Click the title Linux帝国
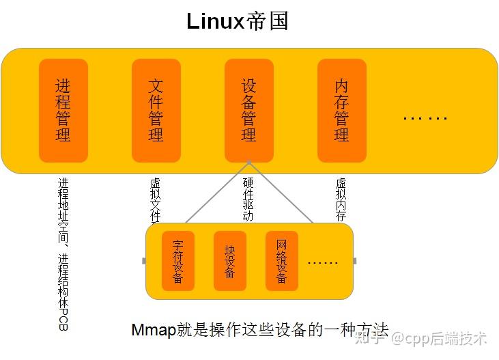point(238,21)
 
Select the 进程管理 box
point(63,110)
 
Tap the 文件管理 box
point(156,110)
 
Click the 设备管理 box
point(249,110)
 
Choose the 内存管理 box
point(342,110)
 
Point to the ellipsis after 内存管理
point(425,117)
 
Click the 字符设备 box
point(177,261)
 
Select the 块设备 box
point(229,261)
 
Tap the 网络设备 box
point(281,261)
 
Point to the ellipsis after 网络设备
point(323,262)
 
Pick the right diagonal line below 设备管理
point(281,193)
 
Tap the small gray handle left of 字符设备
point(143,261)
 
